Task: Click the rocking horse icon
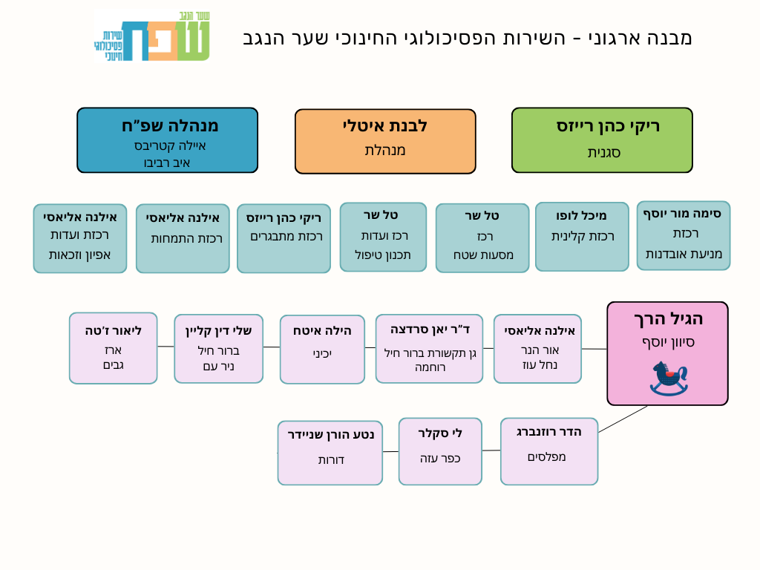(x=668, y=378)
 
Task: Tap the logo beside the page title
(x=152, y=36)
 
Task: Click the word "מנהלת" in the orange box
(x=385, y=151)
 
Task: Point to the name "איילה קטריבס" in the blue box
(x=170, y=145)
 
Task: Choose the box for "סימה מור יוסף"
(x=683, y=235)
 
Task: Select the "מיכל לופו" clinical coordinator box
(x=582, y=236)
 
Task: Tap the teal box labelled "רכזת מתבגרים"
(x=284, y=238)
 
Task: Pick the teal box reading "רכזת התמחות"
(x=183, y=238)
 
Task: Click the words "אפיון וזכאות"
(x=79, y=255)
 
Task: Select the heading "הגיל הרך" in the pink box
(x=668, y=319)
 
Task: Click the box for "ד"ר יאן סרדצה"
(x=429, y=348)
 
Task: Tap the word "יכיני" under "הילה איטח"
(x=322, y=354)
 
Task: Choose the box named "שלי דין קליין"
(x=218, y=348)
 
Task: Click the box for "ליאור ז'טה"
(x=113, y=347)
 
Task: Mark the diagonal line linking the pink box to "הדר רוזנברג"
(x=622, y=419)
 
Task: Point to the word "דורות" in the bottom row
(x=331, y=460)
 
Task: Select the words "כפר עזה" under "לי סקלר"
(x=440, y=458)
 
